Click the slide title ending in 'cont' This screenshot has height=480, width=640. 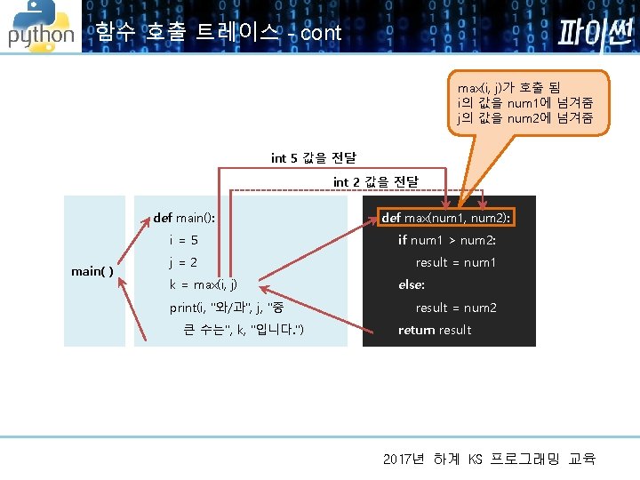click(x=218, y=34)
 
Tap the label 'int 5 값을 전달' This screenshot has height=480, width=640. click(x=314, y=158)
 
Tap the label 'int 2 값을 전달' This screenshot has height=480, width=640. click(x=375, y=182)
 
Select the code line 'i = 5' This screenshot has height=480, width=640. click(x=183, y=240)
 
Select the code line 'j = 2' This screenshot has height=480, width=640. click(x=183, y=263)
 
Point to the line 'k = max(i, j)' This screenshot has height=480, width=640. click(x=204, y=285)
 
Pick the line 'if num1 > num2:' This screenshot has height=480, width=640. click(x=446, y=240)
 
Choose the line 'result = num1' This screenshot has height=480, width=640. click(x=455, y=263)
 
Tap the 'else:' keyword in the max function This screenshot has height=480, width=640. click(x=411, y=285)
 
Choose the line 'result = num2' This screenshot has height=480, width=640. click(x=455, y=308)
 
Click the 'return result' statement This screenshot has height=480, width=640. click(x=435, y=331)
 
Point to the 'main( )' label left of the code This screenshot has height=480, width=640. click(x=92, y=271)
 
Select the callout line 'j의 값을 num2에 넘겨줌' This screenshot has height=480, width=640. click(x=525, y=117)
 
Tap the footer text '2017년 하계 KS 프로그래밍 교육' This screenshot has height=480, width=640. click(x=489, y=460)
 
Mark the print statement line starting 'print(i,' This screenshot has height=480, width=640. click(x=227, y=308)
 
